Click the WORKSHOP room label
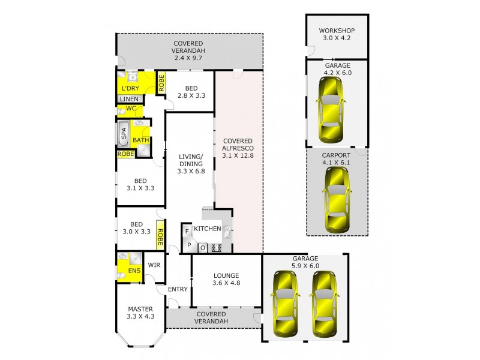coord(337,31)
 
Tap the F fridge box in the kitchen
coord(187,231)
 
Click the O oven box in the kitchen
coord(203,247)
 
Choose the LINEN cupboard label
coord(129,99)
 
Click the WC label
coord(130,109)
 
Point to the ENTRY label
coord(178,289)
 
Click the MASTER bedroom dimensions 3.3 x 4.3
coord(140,317)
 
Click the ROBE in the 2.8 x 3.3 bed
coord(161,82)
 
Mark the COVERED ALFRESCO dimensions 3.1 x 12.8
coord(238,155)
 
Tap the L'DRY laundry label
coord(130,88)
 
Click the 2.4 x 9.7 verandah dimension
coord(189,59)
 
